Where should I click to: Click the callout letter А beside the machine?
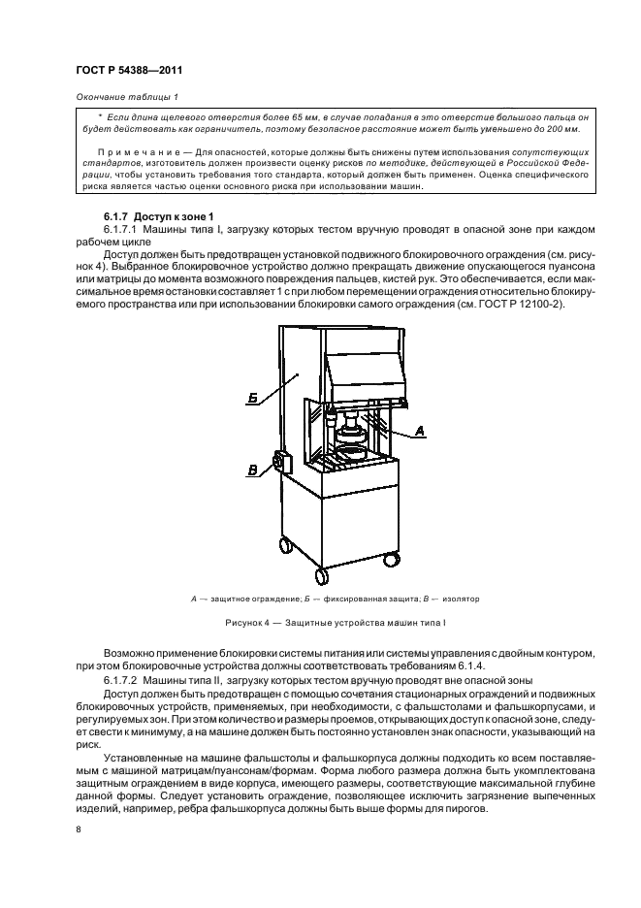[x=421, y=430]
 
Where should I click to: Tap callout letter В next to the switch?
[x=252, y=470]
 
